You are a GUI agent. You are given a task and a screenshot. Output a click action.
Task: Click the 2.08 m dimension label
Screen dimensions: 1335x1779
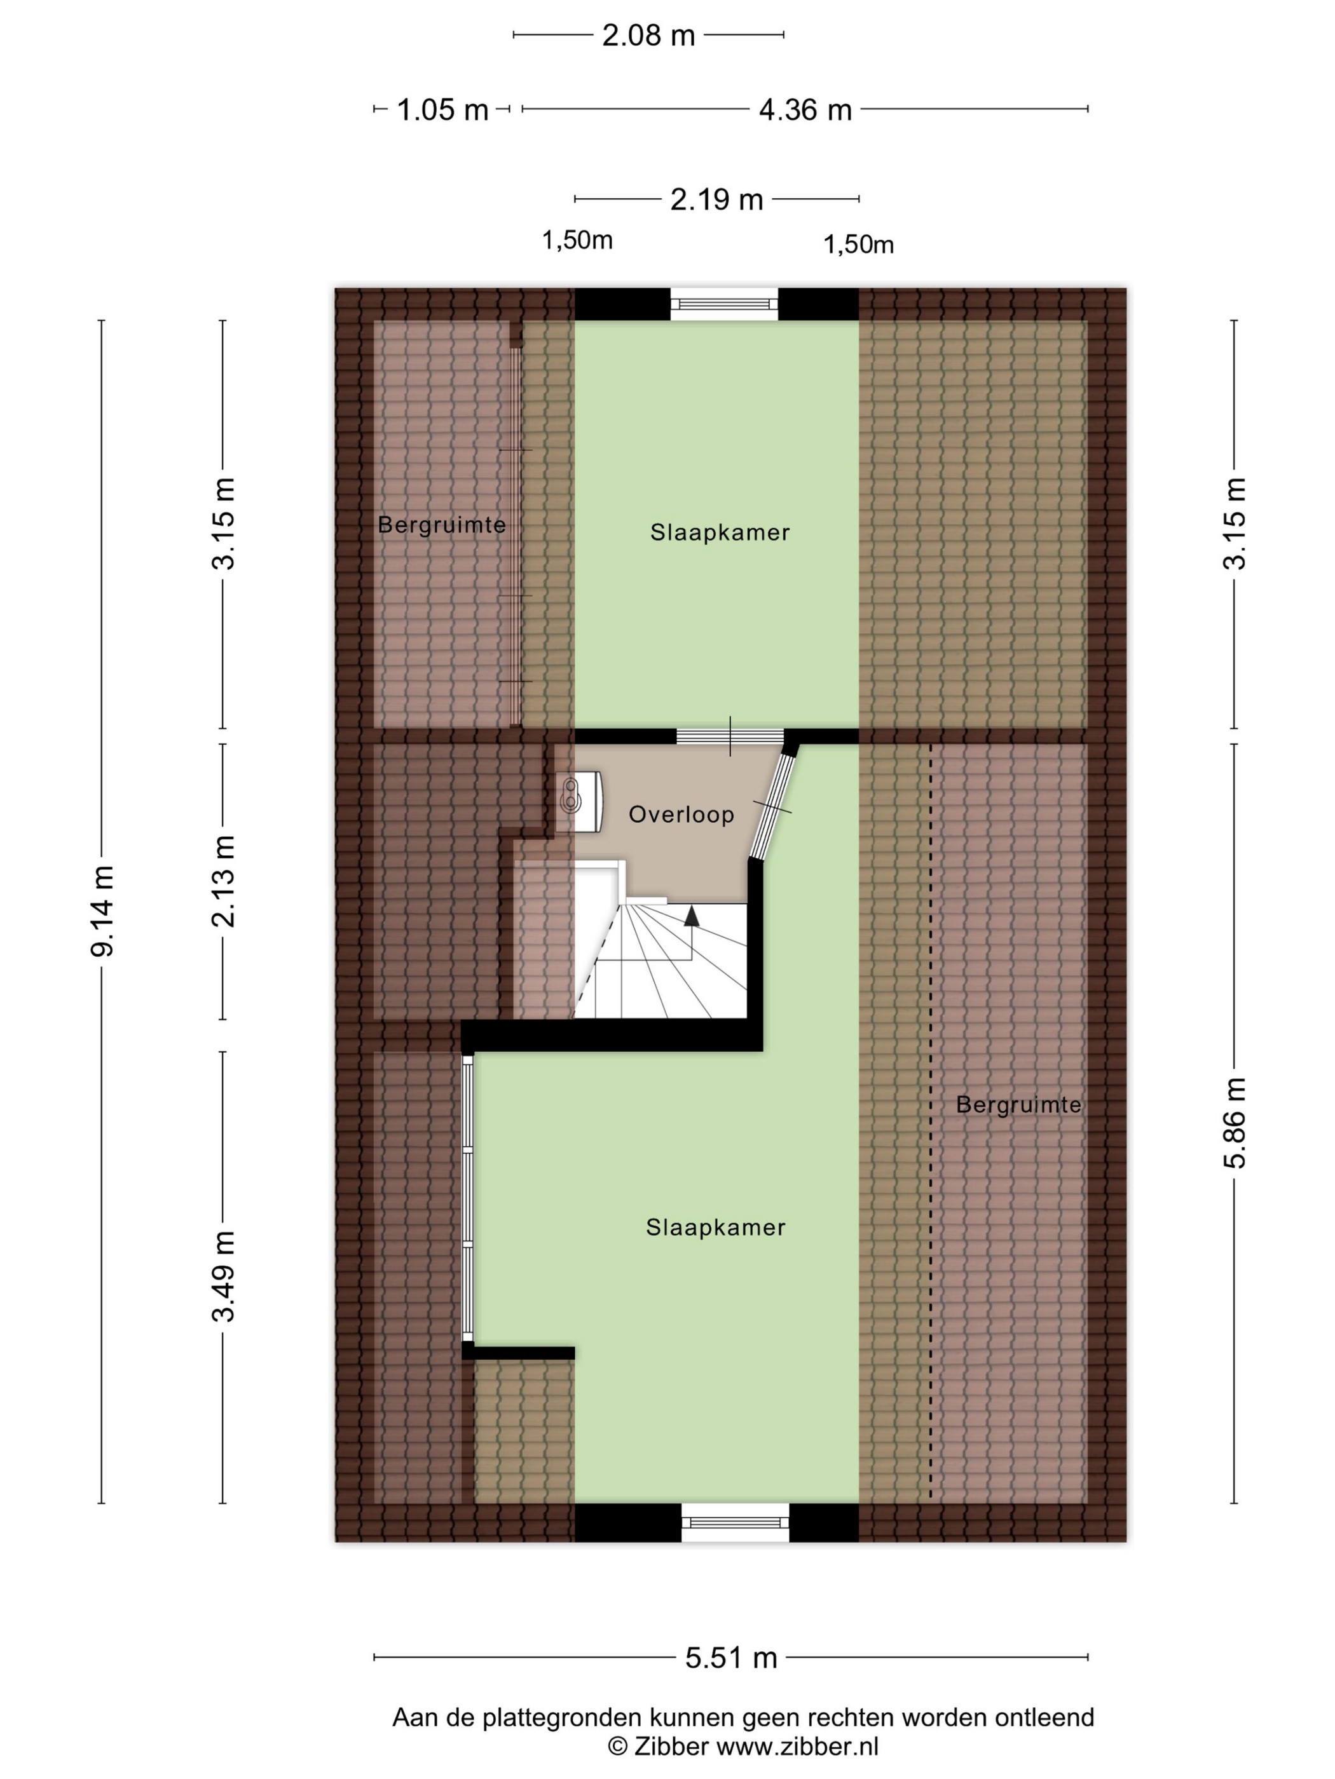click(648, 36)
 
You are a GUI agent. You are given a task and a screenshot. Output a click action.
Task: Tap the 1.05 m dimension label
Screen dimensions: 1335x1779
click(442, 109)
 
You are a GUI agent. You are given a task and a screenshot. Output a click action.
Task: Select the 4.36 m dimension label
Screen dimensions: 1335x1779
click(805, 109)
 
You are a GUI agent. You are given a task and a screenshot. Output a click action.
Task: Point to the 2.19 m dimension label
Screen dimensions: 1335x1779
click(716, 199)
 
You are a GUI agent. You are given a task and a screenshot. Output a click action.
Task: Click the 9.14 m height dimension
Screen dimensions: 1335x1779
click(103, 910)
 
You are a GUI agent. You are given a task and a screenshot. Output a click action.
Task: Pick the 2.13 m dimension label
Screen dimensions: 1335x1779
click(224, 881)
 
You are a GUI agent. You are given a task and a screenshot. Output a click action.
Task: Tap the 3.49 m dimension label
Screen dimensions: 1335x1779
click(224, 1276)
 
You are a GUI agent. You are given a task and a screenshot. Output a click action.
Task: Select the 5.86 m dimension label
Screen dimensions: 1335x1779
click(1234, 1123)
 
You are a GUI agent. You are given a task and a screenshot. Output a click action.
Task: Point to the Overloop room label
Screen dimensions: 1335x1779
click(681, 815)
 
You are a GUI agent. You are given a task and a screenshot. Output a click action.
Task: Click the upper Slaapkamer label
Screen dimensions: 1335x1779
click(720, 532)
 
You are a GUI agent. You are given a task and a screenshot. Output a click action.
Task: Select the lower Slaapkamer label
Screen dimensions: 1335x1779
click(715, 1228)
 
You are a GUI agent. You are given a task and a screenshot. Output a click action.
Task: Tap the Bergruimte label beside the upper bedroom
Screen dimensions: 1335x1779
click(442, 525)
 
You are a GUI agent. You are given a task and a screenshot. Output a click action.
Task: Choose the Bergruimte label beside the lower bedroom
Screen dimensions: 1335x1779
click(1018, 1105)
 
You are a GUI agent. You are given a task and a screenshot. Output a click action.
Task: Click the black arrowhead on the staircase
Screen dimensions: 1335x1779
click(690, 916)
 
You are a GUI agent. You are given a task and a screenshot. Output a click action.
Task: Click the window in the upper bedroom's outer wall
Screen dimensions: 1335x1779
click(725, 304)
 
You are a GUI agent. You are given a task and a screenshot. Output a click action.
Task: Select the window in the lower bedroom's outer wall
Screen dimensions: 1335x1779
click(735, 1522)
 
